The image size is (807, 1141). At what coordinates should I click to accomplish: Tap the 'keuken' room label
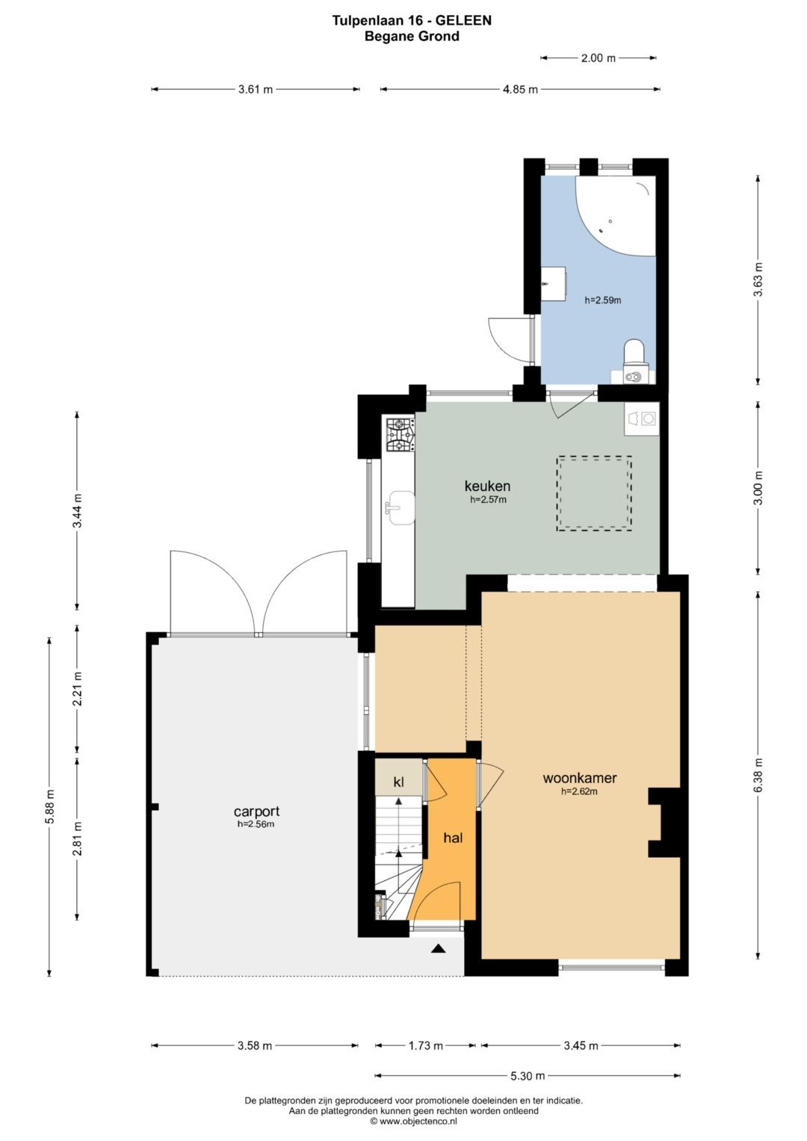[x=487, y=486]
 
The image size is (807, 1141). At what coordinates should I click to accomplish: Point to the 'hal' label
[x=453, y=838]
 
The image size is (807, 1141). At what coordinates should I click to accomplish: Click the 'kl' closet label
[x=398, y=782]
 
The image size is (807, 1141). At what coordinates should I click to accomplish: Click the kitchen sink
[x=400, y=507]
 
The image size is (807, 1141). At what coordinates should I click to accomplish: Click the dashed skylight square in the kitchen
[x=594, y=493]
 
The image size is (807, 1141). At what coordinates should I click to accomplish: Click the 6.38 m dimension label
[x=759, y=776]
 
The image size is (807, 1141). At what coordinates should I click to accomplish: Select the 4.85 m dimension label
[x=520, y=90]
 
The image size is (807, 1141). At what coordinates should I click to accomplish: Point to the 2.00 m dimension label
[x=598, y=58]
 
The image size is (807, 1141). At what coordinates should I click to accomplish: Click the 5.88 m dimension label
[x=49, y=805]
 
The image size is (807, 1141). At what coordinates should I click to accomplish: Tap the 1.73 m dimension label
[x=425, y=1046]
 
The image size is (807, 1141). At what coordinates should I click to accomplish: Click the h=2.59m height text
[x=603, y=300]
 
